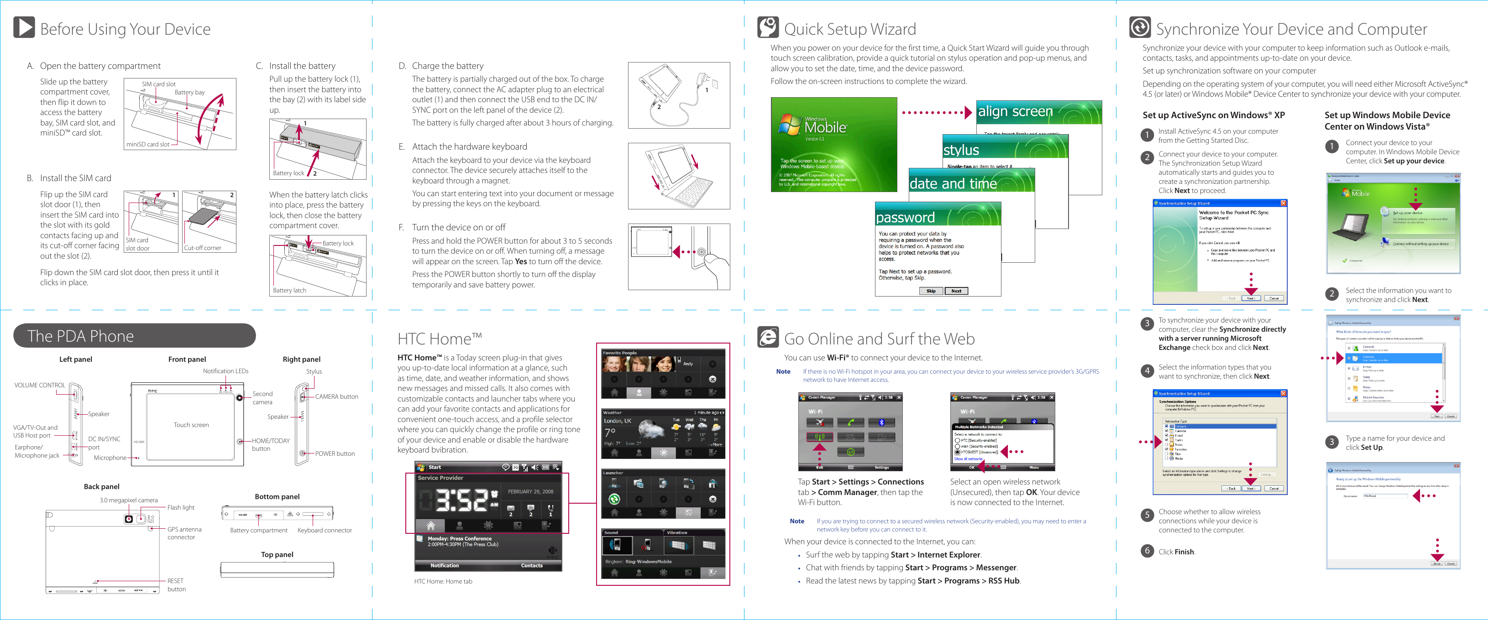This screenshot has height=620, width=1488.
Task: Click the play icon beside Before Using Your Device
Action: [24, 28]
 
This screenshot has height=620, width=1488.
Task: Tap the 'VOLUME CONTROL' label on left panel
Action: [40, 385]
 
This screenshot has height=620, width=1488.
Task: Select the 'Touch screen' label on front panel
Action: [191, 425]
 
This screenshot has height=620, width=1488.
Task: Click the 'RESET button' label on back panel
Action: [176, 585]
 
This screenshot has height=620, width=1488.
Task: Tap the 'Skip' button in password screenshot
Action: [931, 291]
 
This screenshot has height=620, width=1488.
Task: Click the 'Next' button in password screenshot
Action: [956, 291]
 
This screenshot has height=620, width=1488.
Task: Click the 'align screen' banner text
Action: [1015, 111]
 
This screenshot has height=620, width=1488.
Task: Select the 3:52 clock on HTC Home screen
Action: [461, 500]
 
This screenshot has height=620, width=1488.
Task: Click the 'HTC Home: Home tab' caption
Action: [443, 581]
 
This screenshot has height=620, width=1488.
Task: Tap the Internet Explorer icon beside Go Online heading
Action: [768, 337]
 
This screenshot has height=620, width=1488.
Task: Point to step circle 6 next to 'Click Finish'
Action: [1147, 551]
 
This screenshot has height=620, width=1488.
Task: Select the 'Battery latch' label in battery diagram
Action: [289, 290]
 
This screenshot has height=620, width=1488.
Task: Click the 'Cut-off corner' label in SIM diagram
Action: [202, 248]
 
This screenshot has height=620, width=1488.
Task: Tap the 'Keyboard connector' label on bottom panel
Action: [324, 530]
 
